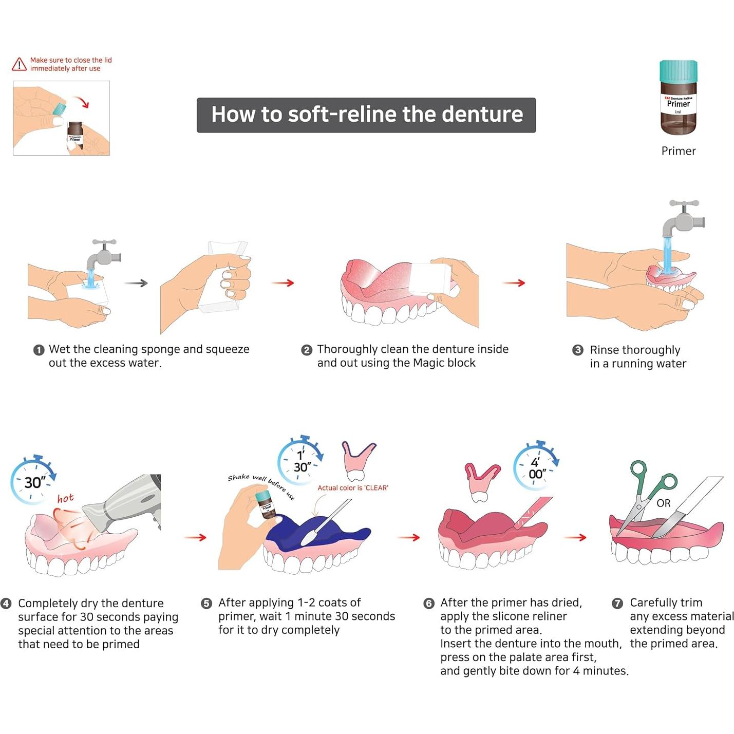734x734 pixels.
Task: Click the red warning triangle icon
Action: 19,64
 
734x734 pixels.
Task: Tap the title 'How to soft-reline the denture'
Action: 366,115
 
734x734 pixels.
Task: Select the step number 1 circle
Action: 39,350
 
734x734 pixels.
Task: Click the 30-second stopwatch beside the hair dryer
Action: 33,481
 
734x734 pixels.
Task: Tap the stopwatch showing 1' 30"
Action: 301,460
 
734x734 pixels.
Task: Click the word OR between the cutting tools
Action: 663,503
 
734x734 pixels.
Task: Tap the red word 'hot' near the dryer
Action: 65,498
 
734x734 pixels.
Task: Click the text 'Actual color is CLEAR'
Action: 352,488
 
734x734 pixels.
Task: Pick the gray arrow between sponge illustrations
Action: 136,283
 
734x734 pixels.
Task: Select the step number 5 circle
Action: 206,603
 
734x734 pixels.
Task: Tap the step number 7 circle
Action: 617,603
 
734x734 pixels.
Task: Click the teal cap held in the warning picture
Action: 60,107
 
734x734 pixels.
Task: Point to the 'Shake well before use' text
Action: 261,485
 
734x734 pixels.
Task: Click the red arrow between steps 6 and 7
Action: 575,537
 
